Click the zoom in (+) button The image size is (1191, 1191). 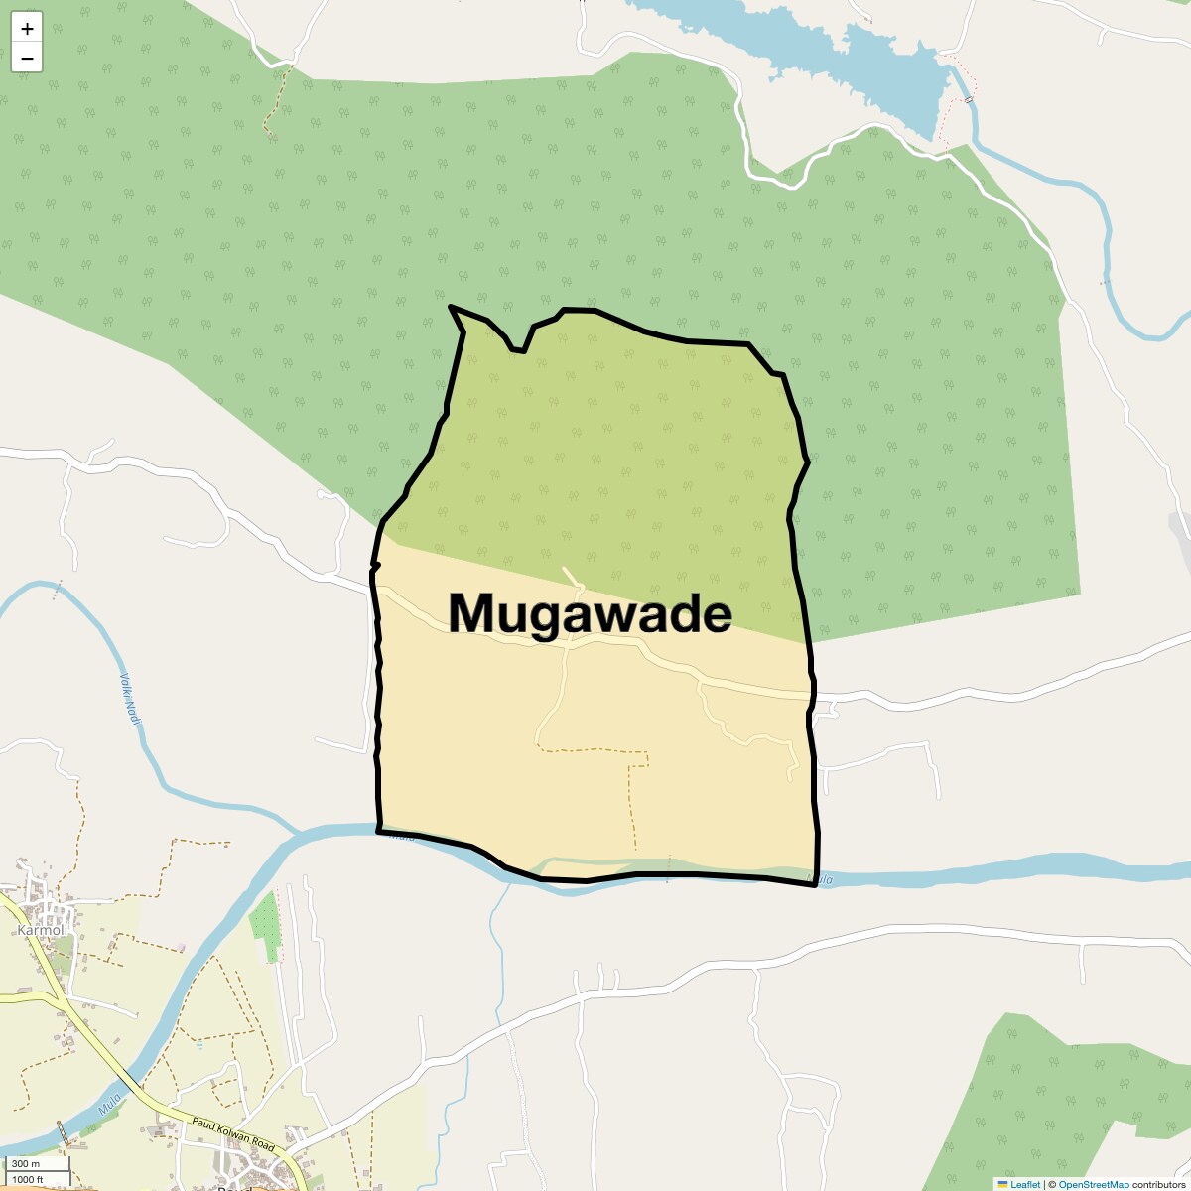(27, 29)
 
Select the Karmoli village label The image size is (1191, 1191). (43, 931)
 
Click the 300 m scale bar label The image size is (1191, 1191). (26, 1163)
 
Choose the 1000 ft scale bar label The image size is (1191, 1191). (28, 1179)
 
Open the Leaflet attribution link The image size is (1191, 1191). (1025, 1184)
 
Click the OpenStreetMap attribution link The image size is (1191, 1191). (1093, 1184)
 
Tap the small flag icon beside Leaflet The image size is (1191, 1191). (1002, 1184)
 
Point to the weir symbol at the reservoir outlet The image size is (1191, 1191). (968, 99)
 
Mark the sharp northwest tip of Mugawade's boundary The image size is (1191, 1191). (452, 307)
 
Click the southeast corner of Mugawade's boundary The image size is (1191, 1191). (816, 885)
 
